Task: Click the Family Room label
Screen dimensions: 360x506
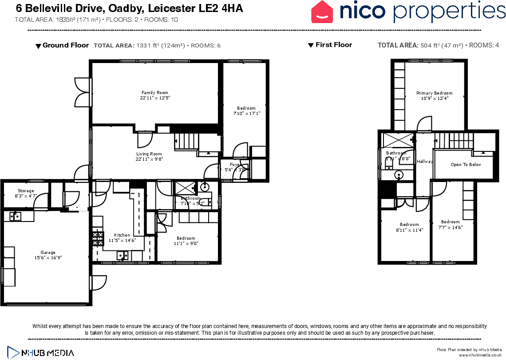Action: [155, 93]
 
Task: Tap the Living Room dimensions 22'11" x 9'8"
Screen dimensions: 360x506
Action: [149, 159]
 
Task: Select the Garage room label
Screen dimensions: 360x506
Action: [48, 253]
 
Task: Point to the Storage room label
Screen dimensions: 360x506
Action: [26, 191]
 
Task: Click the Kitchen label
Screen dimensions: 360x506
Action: [122, 235]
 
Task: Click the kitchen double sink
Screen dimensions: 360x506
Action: [123, 255]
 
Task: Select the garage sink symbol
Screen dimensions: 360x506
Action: [16, 216]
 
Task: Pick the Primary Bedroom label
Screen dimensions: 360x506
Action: [434, 93]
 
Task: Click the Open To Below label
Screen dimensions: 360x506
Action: [466, 165]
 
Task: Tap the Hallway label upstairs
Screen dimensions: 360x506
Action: [425, 162]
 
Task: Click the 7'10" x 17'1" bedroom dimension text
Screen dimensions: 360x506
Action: [246, 114]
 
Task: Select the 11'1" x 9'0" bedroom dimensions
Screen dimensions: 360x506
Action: [186, 243]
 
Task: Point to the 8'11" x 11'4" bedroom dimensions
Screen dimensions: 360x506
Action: [409, 230]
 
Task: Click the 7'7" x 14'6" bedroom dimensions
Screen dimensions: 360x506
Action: [450, 227]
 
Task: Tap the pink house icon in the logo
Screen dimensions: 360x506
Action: [322, 12]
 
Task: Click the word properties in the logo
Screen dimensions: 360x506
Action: [449, 12]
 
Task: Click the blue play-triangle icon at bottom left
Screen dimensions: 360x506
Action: [13, 352]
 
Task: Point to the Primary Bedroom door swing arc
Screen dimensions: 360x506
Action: [424, 123]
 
